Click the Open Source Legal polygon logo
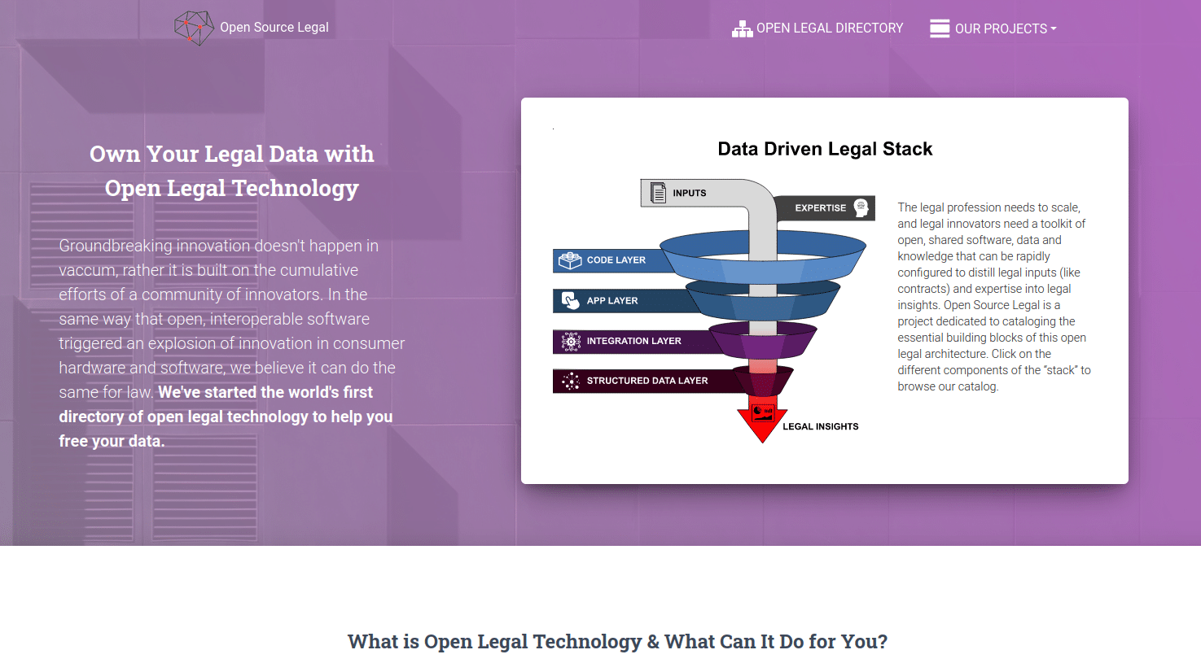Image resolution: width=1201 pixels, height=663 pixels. pos(194,28)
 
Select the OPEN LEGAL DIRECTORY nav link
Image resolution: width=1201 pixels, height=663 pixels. pos(829,28)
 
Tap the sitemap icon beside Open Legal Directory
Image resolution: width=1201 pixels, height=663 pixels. pos(742,29)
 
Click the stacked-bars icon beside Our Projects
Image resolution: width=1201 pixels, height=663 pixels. pos(940,28)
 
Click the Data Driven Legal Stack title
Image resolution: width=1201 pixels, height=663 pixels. pos(825,149)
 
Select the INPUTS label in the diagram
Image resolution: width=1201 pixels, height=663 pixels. pos(689,194)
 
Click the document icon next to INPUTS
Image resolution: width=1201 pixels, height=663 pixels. pos(658,193)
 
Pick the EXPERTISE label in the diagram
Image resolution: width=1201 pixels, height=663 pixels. pos(820,208)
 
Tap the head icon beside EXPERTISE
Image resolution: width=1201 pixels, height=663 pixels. pos(861,207)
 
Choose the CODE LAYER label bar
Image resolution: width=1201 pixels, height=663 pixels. pos(616,260)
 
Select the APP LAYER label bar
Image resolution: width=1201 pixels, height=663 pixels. pos(612,301)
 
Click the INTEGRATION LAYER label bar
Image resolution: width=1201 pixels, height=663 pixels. pos(633,342)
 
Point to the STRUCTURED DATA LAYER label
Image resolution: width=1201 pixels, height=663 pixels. pos(647,381)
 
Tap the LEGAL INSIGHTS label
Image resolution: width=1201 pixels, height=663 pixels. pos(820,426)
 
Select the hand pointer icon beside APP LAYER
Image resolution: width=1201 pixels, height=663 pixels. pos(570,300)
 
